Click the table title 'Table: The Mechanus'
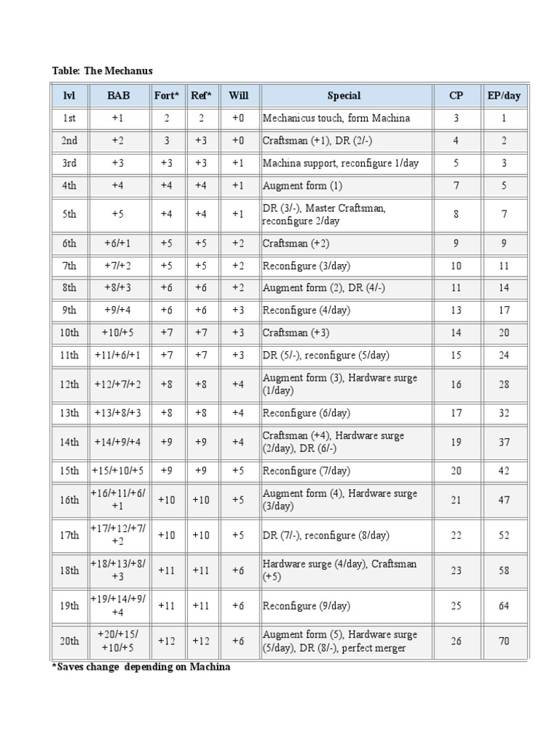tap(102, 70)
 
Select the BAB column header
tap(118, 95)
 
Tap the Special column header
tap(344, 95)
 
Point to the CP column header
tap(455, 95)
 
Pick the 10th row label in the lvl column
tap(69, 332)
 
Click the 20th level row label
tap(69, 641)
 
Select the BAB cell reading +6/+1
tap(118, 243)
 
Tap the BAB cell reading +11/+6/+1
tap(118, 355)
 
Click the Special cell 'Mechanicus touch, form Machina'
tap(336, 118)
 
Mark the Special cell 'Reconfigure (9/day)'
tap(306, 606)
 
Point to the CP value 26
tap(455, 641)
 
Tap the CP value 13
tap(455, 310)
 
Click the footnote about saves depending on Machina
tap(141, 667)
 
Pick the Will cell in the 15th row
tap(239, 471)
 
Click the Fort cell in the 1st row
tap(167, 118)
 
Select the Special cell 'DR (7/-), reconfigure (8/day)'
tap(326, 535)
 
